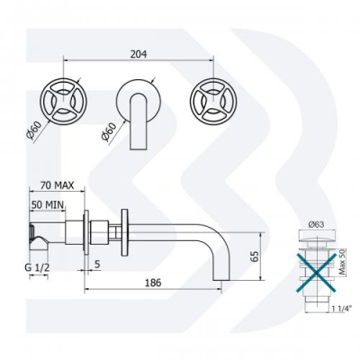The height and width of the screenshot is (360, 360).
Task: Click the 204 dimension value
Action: [139, 54]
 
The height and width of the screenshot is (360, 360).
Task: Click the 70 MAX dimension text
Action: [57, 185]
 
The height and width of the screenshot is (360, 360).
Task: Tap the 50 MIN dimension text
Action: [48, 205]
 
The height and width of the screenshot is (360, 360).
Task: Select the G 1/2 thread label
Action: [37, 268]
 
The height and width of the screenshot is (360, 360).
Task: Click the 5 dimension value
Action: [97, 265]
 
